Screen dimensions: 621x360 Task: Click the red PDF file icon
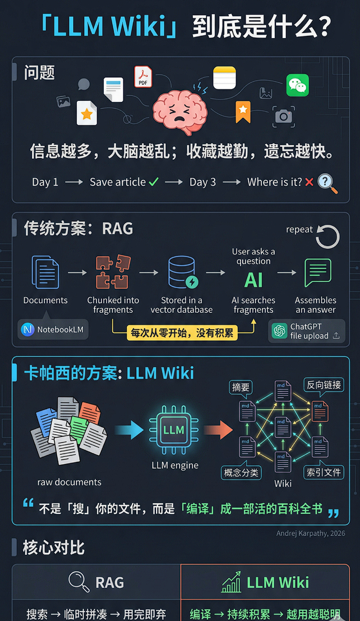(143, 77)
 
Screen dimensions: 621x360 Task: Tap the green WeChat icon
(297, 85)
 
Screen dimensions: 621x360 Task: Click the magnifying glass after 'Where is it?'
(327, 183)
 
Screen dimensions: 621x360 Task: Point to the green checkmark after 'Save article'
(154, 182)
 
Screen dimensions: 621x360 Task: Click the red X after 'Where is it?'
(308, 182)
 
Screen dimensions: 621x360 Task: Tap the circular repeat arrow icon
(327, 237)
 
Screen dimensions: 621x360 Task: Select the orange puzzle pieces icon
(113, 272)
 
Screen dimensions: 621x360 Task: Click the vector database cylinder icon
(182, 272)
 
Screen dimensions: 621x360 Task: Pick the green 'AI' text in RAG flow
(253, 279)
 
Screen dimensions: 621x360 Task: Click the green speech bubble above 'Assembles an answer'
(317, 273)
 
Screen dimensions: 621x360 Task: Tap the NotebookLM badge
(53, 330)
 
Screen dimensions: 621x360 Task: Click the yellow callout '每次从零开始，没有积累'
(182, 332)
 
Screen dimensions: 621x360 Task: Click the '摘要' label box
(241, 387)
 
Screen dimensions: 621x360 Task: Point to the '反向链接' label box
(324, 385)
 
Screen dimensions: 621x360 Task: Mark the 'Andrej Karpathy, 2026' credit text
(310, 533)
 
